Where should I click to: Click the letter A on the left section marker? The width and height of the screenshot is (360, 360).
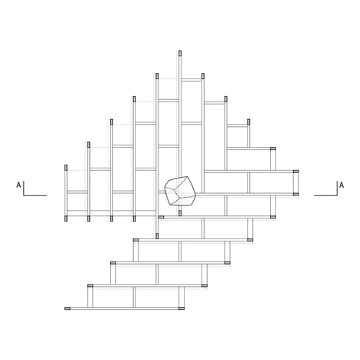click(x=18, y=185)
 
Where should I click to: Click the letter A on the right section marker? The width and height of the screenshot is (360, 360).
click(x=342, y=185)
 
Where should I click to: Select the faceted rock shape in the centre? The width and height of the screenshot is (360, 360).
click(x=180, y=191)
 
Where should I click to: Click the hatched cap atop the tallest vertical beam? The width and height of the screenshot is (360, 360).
click(x=180, y=53)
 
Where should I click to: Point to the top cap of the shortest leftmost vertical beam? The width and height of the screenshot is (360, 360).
click(x=66, y=168)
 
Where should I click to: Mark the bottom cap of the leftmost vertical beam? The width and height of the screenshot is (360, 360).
click(x=66, y=218)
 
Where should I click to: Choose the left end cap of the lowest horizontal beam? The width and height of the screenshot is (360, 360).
click(x=68, y=308)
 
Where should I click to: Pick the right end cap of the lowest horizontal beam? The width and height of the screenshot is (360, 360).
click(x=182, y=308)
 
